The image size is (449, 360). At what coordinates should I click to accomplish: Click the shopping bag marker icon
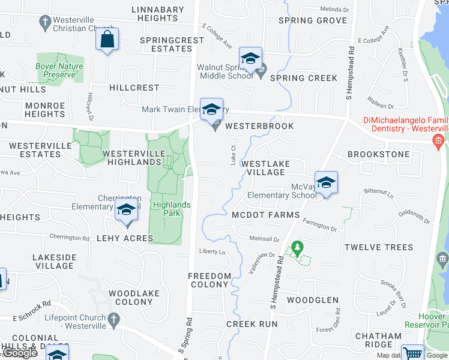click(x=107, y=40)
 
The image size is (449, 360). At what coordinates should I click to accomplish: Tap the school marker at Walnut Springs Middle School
click(x=250, y=59)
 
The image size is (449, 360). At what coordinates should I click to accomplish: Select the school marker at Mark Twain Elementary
click(x=211, y=110)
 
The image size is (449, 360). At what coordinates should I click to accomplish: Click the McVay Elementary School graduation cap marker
click(x=325, y=182)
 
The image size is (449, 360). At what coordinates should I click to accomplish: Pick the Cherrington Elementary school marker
click(x=126, y=211)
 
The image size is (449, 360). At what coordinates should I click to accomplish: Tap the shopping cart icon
click(x=412, y=353)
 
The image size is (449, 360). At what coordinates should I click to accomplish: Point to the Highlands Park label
click(x=172, y=209)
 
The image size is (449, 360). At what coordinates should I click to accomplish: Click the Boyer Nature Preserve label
click(x=59, y=70)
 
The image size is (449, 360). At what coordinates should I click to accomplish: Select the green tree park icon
click(x=296, y=247)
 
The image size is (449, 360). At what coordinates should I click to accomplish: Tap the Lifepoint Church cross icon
click(x=114, y=319)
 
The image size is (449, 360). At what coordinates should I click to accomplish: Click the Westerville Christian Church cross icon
click(x=44, y=23)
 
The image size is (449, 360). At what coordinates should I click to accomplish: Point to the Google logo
click(x=20, y=353)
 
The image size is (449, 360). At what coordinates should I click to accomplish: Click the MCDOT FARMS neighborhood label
click(x=265, y=215)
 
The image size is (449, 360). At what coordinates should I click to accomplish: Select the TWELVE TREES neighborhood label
click(x=379, y=247)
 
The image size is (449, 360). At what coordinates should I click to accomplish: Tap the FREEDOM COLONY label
click(x=209, y=280)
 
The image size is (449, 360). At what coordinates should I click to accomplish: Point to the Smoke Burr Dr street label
click(x=394, y=289)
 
